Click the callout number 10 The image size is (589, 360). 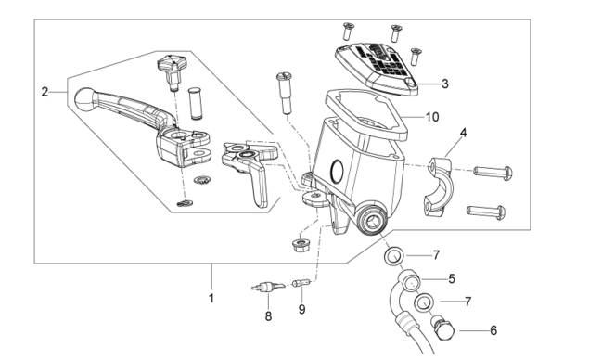(x=432, y=117)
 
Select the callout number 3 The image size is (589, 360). (x=444, y=84)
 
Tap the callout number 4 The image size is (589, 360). (x=463, y=133)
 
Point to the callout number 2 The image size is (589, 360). (x=45, y=92)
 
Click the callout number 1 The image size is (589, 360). (x=211, y=298)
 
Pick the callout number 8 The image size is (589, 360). (x=268, y=316)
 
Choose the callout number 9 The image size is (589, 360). (x=302, y=309)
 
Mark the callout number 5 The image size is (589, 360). (x=451, y=279)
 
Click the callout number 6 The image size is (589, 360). (x=493, y=330)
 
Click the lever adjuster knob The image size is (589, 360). (x=170, y=72)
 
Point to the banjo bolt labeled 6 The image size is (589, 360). (x=443, y=328)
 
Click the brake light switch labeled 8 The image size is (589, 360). (x=266, y=288)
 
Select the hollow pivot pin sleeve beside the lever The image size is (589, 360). (x=195, y=104)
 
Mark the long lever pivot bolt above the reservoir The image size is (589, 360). (x=285, y=93)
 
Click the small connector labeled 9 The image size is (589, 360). (x=301, y=282)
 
